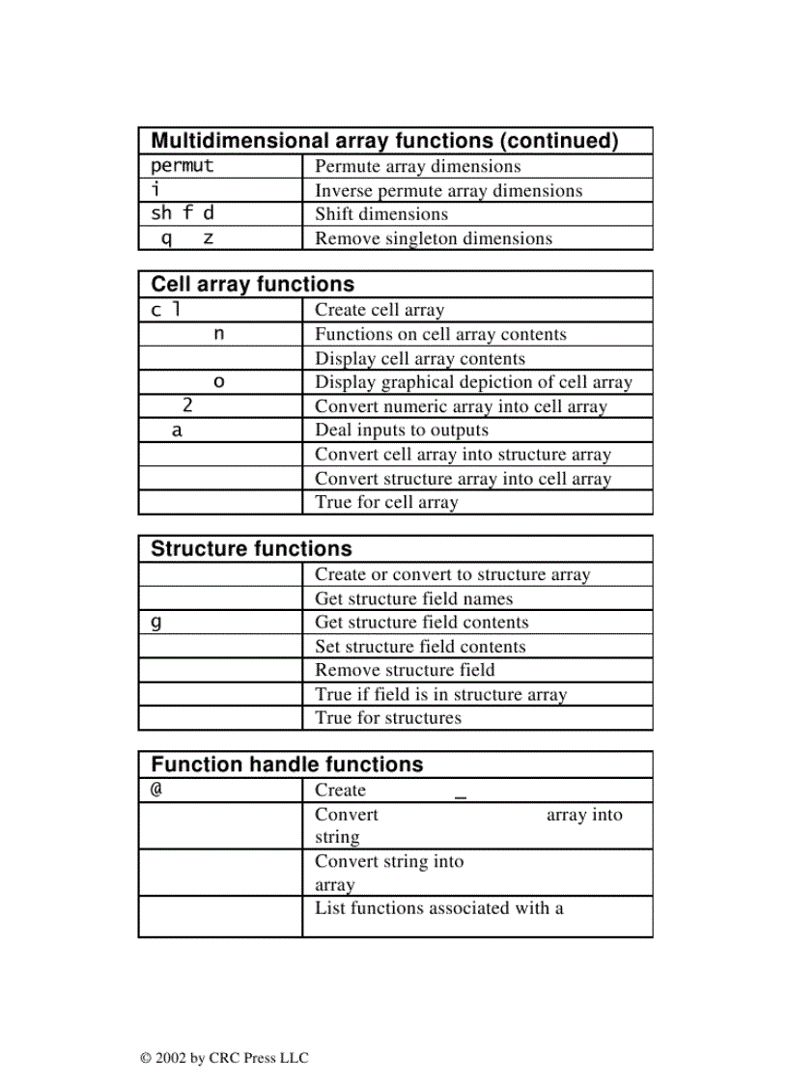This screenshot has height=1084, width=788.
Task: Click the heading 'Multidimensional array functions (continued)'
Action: [x=384, y=141]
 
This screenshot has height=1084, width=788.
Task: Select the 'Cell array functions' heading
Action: [x=252, y=284]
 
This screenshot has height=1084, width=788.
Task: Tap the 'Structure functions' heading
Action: [x=251, y=548]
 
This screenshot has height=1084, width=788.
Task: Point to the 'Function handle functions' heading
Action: [x=287, y=764]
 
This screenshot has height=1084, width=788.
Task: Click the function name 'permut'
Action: [x=182, y=165]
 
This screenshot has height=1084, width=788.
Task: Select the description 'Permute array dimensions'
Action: [x=417, y=166]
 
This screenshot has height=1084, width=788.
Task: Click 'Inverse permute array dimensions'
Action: [x=448, y=190]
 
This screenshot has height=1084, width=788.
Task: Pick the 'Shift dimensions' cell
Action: [x=381, y=214]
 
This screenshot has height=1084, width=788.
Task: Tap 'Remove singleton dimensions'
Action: [x=434, y=238]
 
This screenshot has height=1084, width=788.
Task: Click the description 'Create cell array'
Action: [x=380, y=310]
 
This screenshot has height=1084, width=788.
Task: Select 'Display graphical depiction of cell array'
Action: [x=473, y=382]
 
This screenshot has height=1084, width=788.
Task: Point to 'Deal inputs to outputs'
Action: [x=402, y=431]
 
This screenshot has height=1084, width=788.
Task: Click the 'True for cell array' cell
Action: [x=386, y=502]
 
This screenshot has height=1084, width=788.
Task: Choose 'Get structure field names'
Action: [x=413, y=598]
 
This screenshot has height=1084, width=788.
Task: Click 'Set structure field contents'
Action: [x=420, y=647]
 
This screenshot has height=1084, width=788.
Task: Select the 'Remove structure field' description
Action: [x=405, y=670]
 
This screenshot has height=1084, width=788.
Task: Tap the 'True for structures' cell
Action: [x=388, y=717]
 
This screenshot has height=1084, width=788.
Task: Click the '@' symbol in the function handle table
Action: [x=155, y=790]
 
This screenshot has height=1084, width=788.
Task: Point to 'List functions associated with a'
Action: [x=439, y=907]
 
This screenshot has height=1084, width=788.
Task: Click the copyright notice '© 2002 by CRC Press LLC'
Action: [x=224, y=1058]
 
